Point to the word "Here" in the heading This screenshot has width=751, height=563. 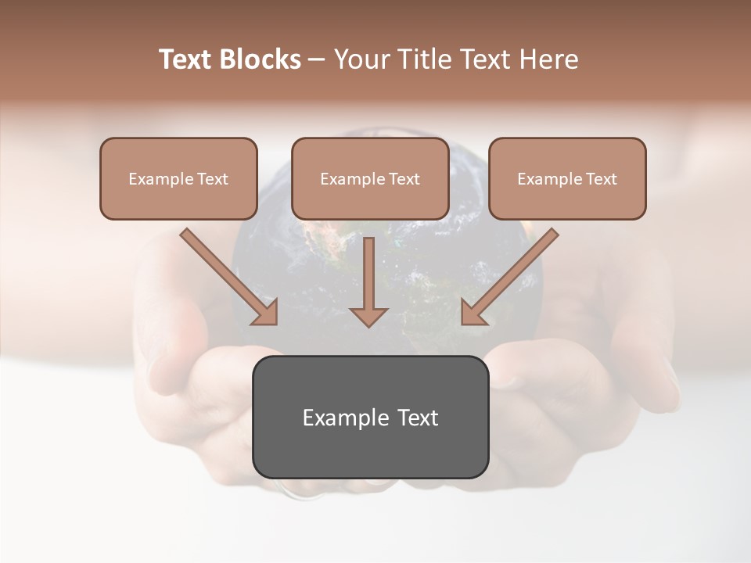[550, 59]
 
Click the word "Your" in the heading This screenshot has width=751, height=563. [361, 59]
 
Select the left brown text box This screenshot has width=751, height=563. [178, 178]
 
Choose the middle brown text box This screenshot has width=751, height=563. [370, 178]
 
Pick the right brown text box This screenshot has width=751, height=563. [567, 178]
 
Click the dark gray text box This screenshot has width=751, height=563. [370, 417]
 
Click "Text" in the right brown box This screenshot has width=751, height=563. [601, 179]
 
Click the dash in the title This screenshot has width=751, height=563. [317, 60]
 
